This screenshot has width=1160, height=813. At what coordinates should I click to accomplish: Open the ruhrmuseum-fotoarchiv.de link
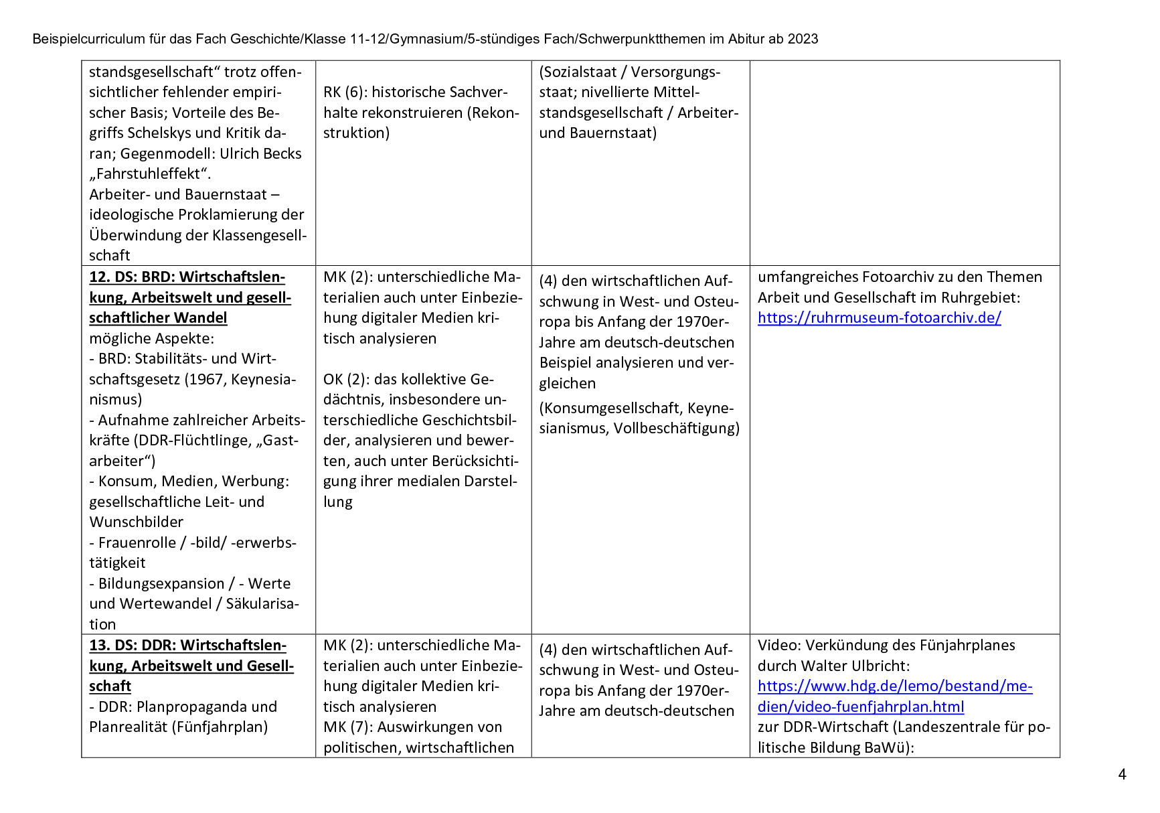(879, 318)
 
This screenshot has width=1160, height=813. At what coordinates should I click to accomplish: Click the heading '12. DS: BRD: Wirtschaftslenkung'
(187, 277)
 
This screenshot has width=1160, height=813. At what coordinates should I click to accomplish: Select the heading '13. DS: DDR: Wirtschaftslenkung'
(187, 646)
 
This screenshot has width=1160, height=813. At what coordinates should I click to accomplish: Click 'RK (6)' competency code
(343, 92)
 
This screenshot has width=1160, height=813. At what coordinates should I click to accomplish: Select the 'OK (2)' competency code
(344, 380)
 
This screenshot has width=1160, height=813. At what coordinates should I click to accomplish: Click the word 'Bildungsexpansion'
(161, 584)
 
